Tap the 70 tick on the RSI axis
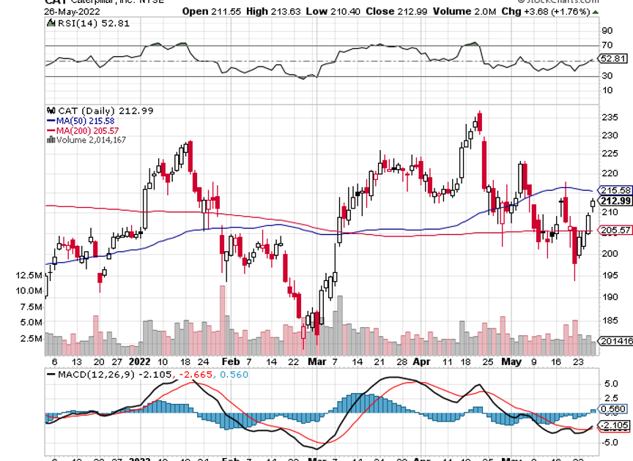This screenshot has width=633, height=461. [607, 45]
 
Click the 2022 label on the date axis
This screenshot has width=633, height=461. [139, 361]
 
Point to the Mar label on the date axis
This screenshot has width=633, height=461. [316, 361]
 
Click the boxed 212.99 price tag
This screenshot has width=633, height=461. [613, 201]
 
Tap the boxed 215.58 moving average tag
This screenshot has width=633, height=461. [613, 190]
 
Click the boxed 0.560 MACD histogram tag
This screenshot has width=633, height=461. [613, 410]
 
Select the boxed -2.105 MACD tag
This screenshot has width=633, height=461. [613, 426]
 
